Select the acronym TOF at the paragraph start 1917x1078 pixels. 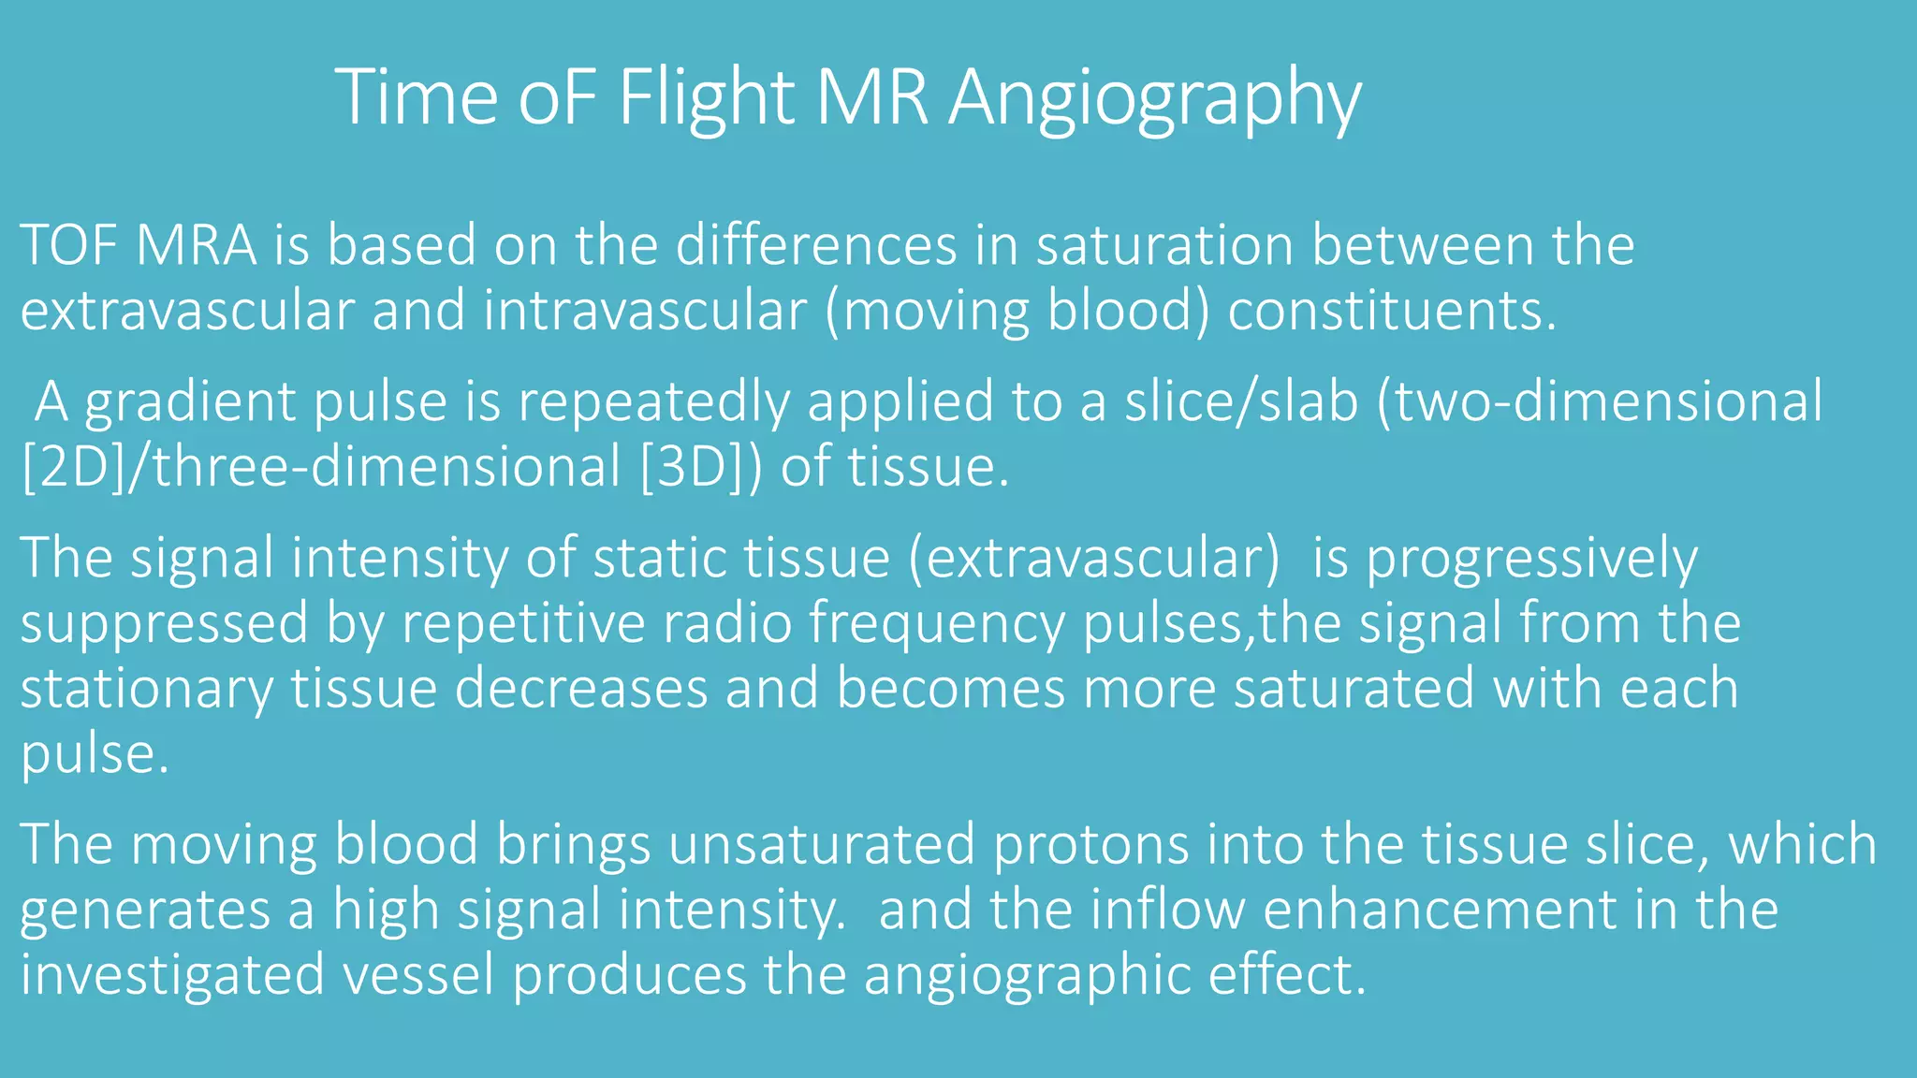click(x=67, y=246)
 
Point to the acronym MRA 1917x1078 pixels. click(x=196, y=246)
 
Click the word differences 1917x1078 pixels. click(x=816, y=246)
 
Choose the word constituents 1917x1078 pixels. click(x=1391, y=311)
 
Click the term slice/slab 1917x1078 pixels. click(x=1241, y=402)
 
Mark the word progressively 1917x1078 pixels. click(x=1531, y=560)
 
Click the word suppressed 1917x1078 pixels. click(x=165, y=624)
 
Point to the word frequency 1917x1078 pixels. click(x=937, y=624)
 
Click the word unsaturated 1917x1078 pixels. click(x=822, y=845)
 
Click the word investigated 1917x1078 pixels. click(x=172, y=974)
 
